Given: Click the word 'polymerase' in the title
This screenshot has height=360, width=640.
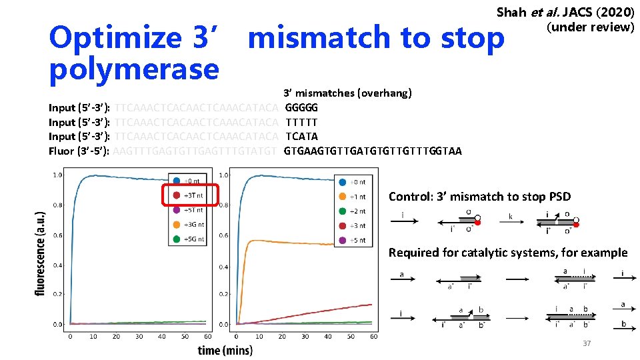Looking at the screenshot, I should pos(134,69).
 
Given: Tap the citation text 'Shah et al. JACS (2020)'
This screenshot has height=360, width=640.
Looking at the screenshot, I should pos(565,13).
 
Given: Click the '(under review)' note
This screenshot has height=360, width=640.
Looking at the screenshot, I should pos(590,27).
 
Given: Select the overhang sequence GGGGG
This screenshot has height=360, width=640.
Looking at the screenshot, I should pos(301,107).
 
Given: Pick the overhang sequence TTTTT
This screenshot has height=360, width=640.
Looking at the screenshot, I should pos(301,122).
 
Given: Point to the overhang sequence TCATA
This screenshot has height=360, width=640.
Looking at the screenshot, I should pos(301,136).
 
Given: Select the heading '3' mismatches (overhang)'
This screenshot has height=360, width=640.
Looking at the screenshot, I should pos(347,93).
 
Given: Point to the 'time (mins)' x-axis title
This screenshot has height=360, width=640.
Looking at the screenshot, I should pos(225,350).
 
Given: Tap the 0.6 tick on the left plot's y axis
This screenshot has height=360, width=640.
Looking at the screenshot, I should pos(57,235).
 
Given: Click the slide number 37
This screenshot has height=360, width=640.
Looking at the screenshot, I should pos(587,343).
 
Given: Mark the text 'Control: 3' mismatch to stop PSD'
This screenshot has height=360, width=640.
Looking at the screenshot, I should pos(479,196).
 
